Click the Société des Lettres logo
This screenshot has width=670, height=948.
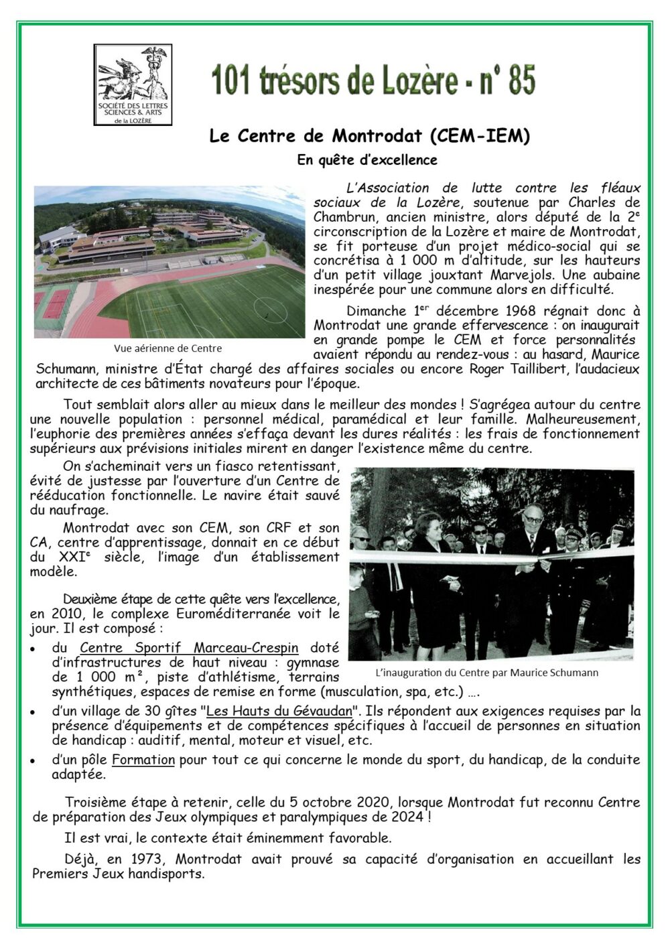click(133, 84)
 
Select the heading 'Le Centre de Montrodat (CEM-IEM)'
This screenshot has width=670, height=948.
click(369, 136)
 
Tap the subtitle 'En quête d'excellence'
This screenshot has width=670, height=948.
click(367, 160)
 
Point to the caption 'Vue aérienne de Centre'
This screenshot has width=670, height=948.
click(168, 348)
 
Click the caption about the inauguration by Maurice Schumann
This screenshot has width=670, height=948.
click(487, 673)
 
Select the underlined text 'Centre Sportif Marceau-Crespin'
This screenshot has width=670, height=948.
click(189, 648)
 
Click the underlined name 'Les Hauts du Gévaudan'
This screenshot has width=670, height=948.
click(278, 711)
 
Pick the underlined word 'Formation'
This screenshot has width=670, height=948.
click(143, 760)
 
